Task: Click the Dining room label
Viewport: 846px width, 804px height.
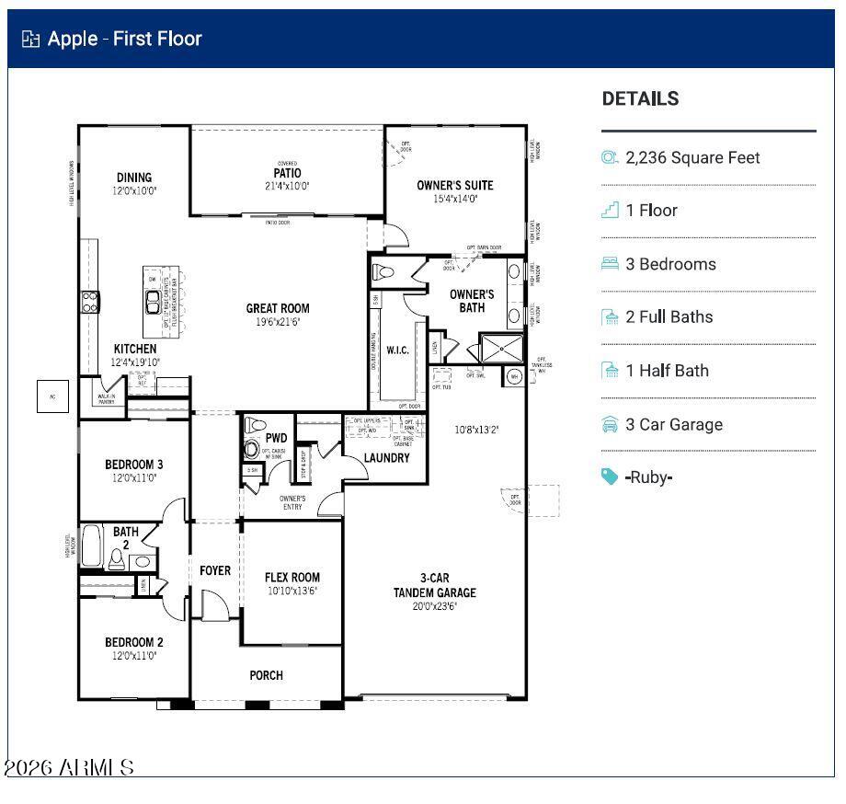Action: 134,178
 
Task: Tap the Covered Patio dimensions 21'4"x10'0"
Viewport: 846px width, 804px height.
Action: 287,186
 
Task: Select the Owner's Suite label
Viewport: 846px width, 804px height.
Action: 454,185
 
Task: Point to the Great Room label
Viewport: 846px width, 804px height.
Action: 277,308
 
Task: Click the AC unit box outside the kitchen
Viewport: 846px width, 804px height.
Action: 52,396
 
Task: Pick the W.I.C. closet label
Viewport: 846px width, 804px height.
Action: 397,350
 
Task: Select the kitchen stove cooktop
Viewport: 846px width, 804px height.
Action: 90,302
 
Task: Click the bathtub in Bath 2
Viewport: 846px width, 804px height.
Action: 92,546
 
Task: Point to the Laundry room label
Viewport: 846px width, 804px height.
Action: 386,458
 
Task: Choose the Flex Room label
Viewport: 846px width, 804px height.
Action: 292,578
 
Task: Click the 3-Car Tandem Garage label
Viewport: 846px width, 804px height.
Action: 435,585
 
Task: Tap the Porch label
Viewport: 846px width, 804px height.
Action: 267,675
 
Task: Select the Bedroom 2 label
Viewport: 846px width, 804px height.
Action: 134,642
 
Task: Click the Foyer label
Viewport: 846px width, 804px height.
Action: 215,571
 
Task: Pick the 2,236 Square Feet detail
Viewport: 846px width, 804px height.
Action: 692,157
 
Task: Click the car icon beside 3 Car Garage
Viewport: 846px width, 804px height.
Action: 610,424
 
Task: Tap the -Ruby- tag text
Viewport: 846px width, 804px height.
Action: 649,477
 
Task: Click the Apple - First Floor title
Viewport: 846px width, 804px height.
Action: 124,39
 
